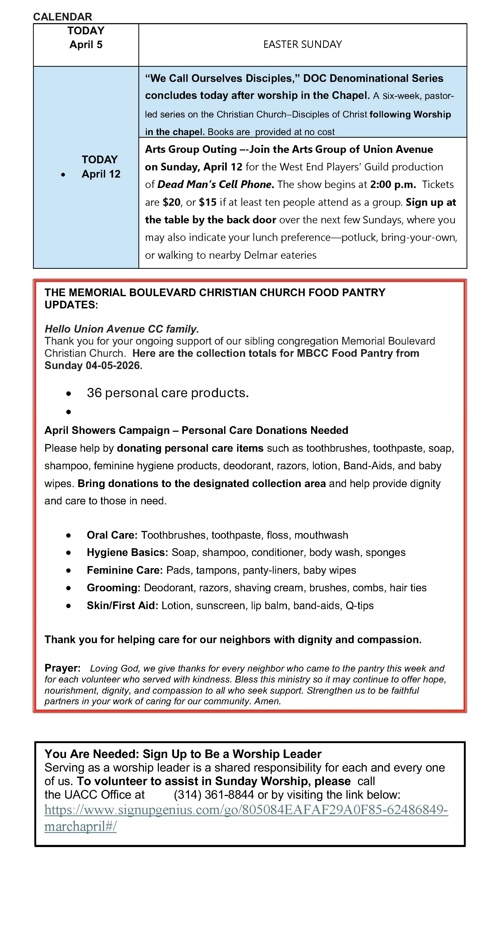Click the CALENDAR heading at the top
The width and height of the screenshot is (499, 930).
(x=63, y=16)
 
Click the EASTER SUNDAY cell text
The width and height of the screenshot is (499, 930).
(x=302, y=44)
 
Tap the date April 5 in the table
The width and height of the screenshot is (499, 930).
(x=86, y=45)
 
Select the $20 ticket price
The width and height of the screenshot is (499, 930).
(x=172, y=202)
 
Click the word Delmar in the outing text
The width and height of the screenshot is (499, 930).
(x=259, y=255)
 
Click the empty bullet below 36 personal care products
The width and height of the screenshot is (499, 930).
(x=69, y=412)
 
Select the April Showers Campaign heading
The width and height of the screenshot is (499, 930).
(x=196, y=430)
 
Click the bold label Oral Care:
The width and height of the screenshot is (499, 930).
(x=112, y=535)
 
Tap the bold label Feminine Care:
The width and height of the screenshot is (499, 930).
(x=125, y=571)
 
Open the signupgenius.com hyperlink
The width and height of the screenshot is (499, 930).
(x=246, y=810)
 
